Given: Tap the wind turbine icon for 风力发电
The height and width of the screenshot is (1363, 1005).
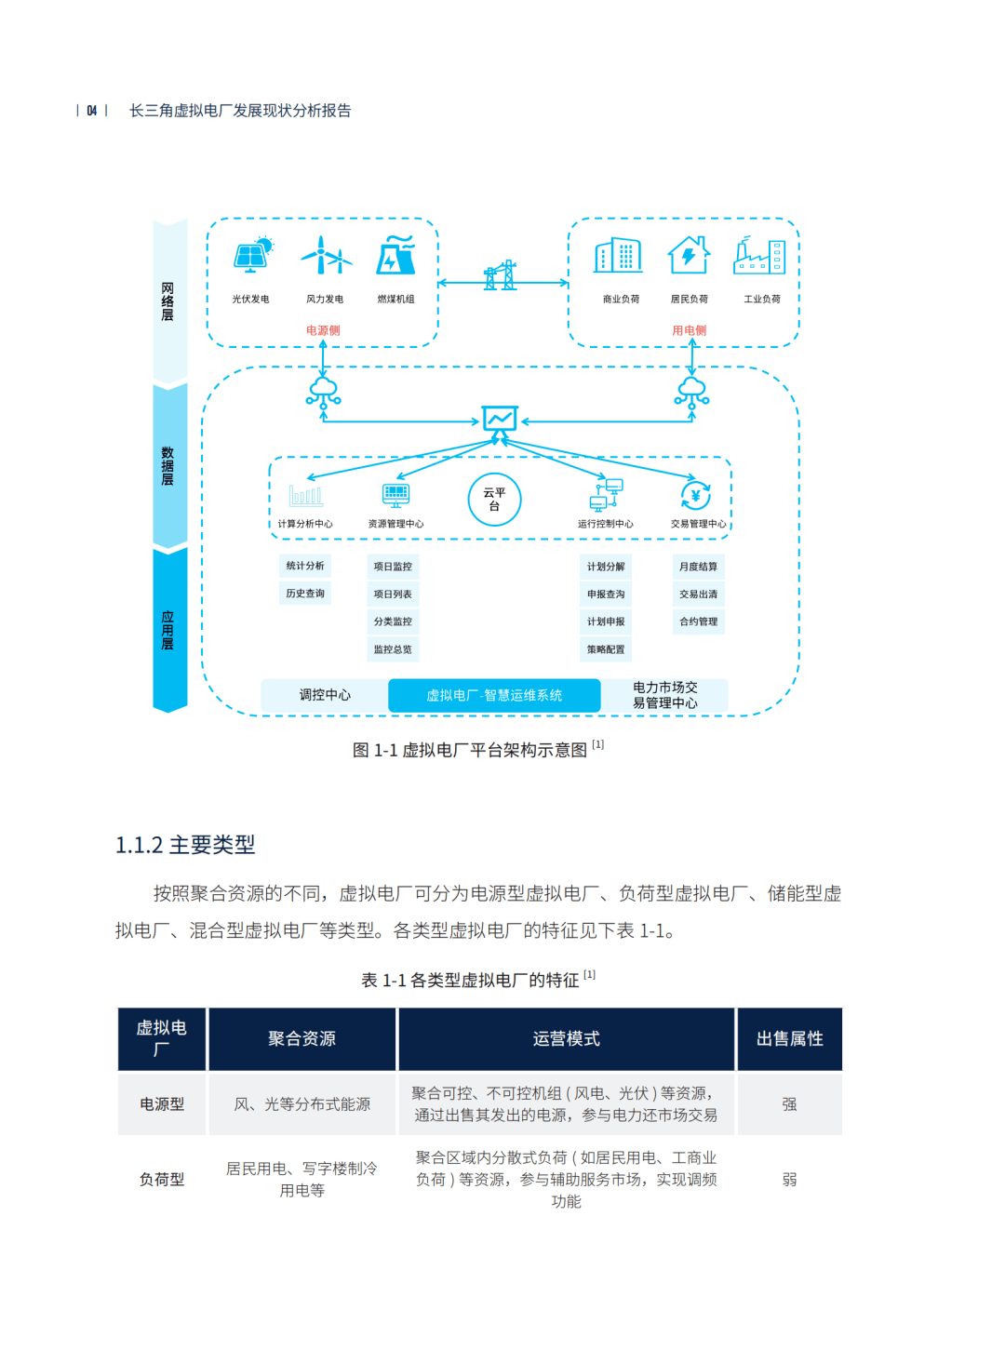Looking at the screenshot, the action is point(326,255).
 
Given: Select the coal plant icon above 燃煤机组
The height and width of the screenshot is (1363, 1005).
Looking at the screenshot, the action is point(395,254).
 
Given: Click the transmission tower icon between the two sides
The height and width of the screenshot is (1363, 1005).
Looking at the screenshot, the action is point(501,275).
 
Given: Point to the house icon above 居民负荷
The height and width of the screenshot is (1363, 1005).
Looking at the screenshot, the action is point(689,254).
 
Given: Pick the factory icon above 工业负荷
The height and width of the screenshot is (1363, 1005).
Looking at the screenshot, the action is point(759,255).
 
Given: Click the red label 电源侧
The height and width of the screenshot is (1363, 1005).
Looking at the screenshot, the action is point(323,330).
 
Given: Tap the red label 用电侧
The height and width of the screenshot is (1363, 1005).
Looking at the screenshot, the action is point(689,330).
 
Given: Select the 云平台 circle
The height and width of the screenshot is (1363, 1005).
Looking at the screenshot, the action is point(494,500).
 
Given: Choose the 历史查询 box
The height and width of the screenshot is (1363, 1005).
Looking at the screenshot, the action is point(305,594).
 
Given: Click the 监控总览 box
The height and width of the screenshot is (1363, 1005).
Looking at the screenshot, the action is point(393,649).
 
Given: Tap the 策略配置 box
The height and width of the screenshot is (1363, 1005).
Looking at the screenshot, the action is point(606,649).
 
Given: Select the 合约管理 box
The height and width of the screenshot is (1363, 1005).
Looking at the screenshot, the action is point(698,621).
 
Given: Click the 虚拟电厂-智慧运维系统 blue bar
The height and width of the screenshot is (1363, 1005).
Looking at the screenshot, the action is point(494,695).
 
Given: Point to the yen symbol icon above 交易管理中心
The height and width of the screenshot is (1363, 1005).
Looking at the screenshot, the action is point(695,496).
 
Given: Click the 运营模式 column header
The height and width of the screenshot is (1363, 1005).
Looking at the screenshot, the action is point(566,1038).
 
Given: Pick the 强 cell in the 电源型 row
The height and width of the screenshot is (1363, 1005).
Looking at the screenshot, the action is point(789,1103).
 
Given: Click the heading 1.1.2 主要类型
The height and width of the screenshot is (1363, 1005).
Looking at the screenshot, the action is point(185,845).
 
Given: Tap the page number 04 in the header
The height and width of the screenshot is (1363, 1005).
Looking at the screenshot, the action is point(92,110).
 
